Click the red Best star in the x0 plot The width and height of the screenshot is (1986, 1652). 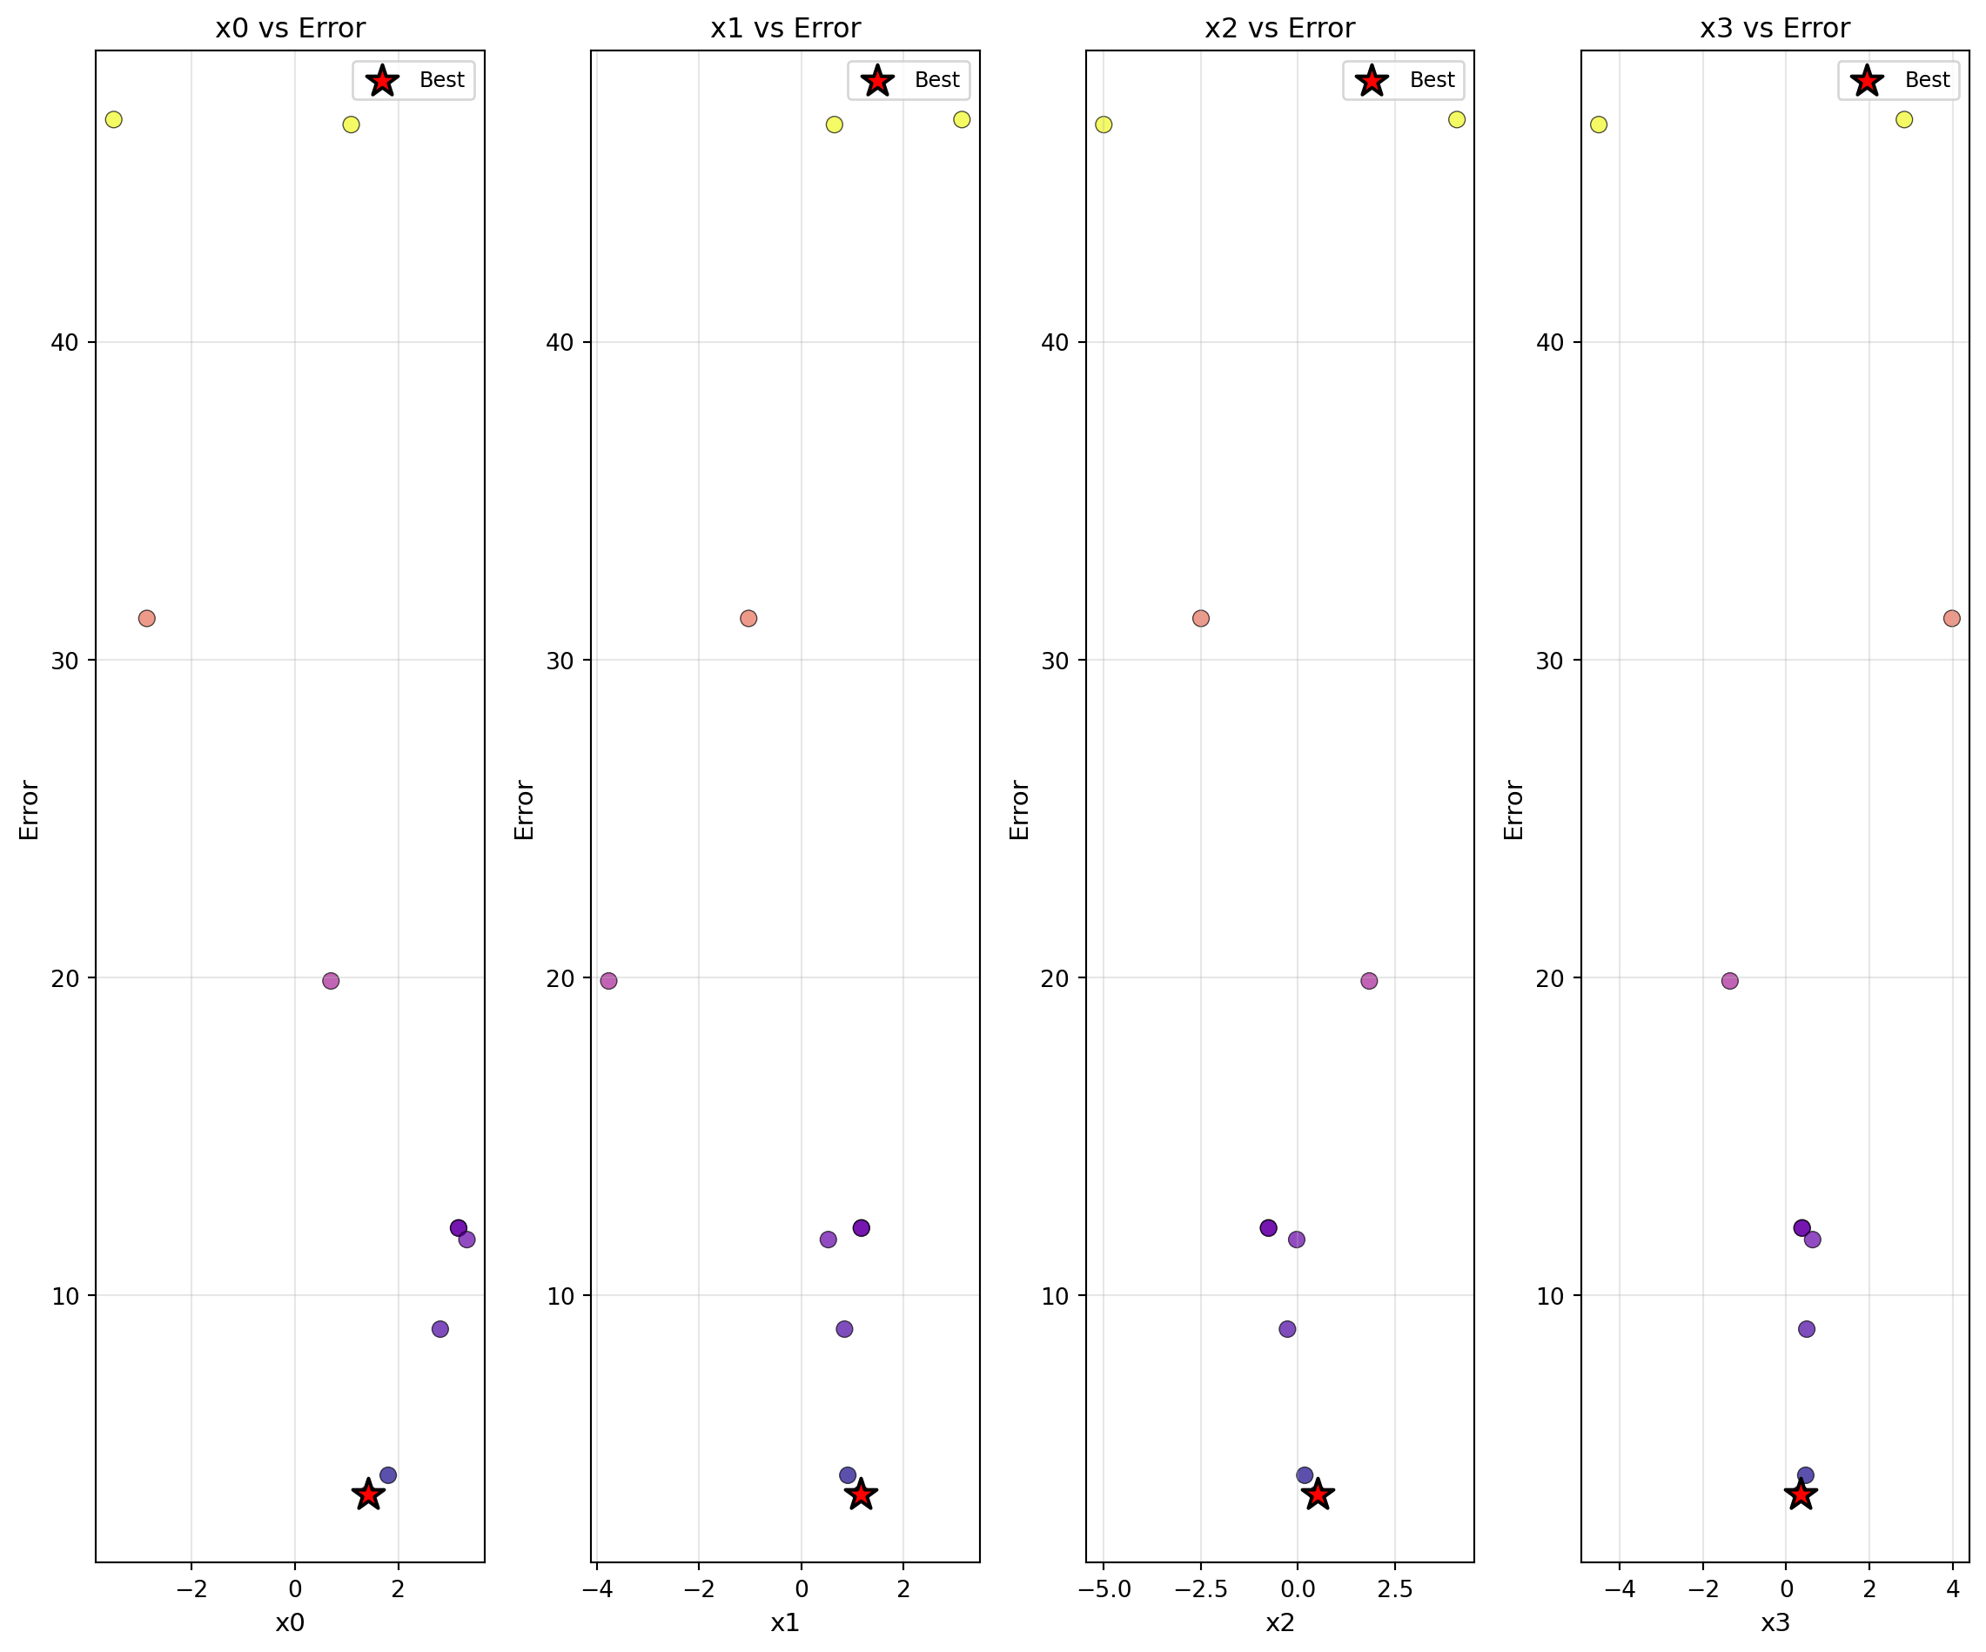tap(368, 1495)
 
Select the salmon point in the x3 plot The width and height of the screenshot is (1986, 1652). tap(1952, 619)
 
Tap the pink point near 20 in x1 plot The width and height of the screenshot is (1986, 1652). tap(609, 981)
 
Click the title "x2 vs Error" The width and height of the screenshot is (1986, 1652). tap(1279, 29)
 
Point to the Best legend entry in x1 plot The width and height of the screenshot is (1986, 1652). tap(908, 80)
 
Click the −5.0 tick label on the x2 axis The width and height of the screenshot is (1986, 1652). tap(1104, 1589)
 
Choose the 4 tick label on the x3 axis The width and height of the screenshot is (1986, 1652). tap(1953, 1589)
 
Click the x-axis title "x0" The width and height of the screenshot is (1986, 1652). tap(290, 1623)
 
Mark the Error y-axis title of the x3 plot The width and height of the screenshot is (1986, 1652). tap(1514, 809)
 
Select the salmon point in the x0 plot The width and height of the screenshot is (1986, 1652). tap(146, 619)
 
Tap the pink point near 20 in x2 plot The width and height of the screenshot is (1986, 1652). tap(1369, 981)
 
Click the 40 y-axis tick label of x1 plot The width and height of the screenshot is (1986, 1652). tap(560, 342)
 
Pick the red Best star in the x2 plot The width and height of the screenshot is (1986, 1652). tap(1318, 1495)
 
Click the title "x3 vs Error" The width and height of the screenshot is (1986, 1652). tap(1775, 29)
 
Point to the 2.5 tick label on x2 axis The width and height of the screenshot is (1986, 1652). tap(1395, 1589)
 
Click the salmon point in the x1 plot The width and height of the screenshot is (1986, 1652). tap(748, 619)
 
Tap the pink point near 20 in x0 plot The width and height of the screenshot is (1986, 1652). tap(330, 981)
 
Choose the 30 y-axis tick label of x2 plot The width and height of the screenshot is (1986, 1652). tap(1055, 660)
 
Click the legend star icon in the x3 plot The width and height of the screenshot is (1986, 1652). tap(1867, 80)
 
